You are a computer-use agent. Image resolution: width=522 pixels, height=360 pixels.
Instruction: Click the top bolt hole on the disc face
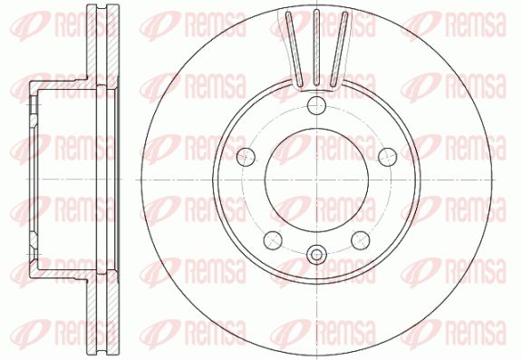pos(316,105)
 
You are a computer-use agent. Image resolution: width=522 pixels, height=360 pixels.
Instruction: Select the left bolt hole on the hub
pos(246,156)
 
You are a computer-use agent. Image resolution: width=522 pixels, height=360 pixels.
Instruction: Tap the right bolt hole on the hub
pos(388,156)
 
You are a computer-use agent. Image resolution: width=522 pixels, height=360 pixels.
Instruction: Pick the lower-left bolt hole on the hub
pos(273,240)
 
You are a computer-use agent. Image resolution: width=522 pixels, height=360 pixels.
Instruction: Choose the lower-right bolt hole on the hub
pos(361,240)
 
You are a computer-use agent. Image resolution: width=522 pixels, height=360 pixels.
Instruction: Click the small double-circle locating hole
pos(316,256)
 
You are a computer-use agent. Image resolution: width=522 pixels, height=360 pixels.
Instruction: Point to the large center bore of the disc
pos(316,180)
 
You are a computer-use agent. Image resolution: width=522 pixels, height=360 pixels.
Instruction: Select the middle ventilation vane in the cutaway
pos(316,47)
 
